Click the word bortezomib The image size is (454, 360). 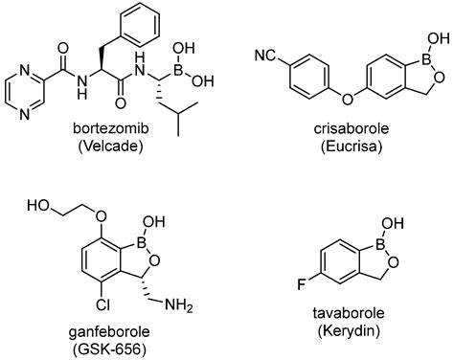(111, 128)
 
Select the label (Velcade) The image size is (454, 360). (110, 146)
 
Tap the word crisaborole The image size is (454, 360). (352, 128)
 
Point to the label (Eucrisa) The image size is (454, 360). (352, 146)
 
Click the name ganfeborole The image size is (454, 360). (109, 332)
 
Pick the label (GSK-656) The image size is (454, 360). (109, 349)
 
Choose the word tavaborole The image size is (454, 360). (349, 313)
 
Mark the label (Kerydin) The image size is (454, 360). (349, 331)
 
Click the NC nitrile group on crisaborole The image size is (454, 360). (264, 56)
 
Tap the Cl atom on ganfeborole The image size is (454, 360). (103, 304)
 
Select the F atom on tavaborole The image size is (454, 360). (302, 284)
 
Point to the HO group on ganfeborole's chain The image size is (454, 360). (38, 206)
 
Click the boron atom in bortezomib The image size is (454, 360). (177, 71)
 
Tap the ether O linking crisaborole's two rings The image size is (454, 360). (348, 100)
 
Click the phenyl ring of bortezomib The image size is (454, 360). (141, 24)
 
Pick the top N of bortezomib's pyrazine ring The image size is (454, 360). (25, 71)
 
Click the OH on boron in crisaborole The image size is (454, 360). (441, 38)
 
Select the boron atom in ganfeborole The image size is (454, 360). (141, 243)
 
